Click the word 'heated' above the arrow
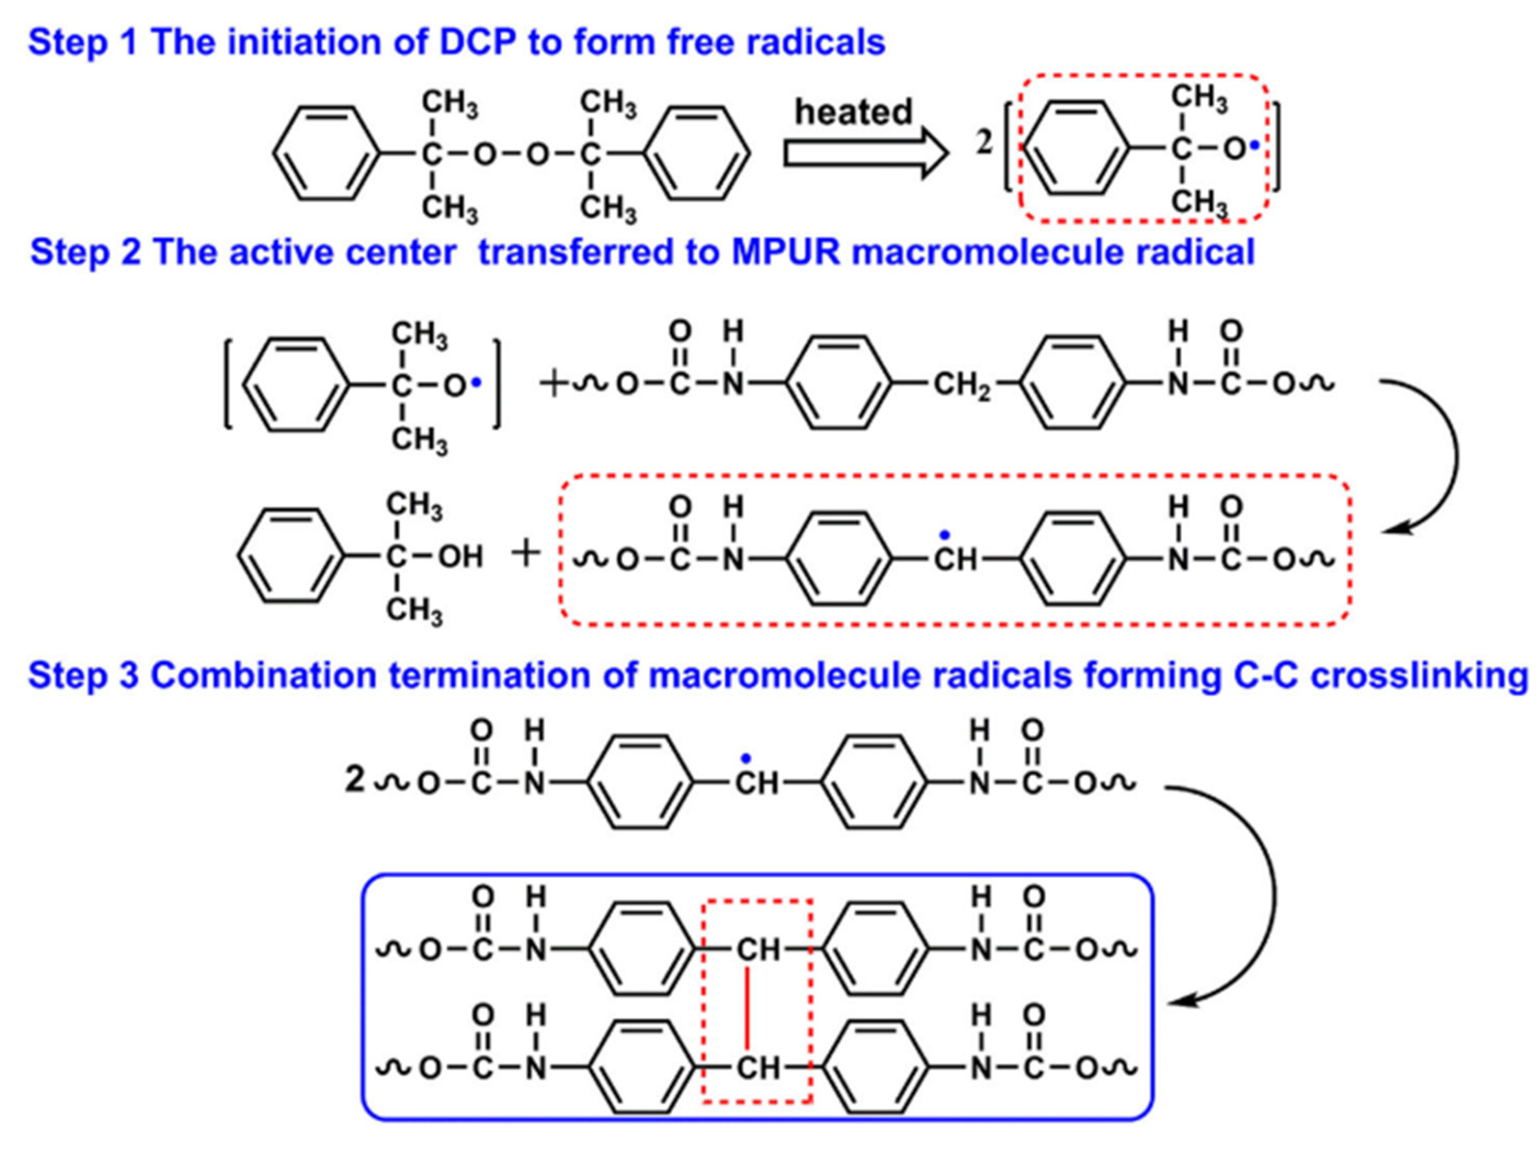[x=853, y=112]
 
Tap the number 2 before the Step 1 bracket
[x=984, y=142]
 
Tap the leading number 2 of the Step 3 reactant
[x=355, y=780]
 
